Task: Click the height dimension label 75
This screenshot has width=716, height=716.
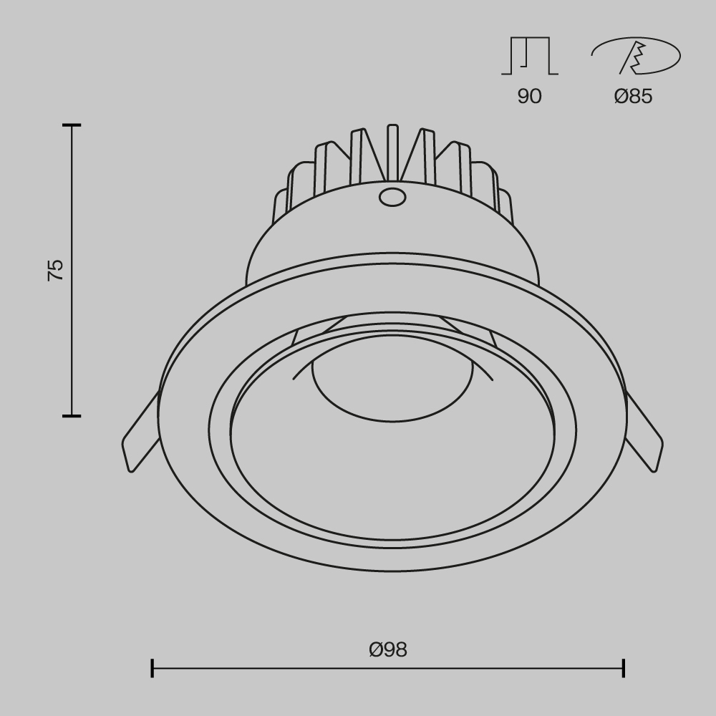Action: pyautogui.click(x=55, y=270)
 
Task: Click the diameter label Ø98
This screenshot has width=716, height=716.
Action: pyautogui.click(x=388, y=649)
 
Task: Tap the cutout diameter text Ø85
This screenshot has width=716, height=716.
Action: pyautogui.click(x=633, y=96)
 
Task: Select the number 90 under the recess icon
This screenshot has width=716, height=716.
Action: pyautogui.click(x=529, y=96)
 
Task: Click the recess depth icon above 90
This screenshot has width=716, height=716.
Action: pyautogui.click(x=530, y=56)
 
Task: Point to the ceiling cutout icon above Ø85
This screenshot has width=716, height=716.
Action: pyautogui.click(x=635, y=56)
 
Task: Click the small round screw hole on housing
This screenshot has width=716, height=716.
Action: pyautogui.click(x=391, y=196)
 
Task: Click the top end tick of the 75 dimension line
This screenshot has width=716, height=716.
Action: pyautogui.click(x=71, y=125)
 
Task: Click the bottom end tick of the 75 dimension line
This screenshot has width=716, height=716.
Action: pyautogui.click(x=71, y=415)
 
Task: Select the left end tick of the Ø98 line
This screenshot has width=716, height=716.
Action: pyautogui.click(x=153, y=668)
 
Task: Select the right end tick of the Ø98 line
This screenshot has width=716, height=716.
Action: pyautogui.click(x=624, y=668)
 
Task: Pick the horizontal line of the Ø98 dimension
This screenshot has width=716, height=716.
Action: pyautogui.click(x=286, y=668)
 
